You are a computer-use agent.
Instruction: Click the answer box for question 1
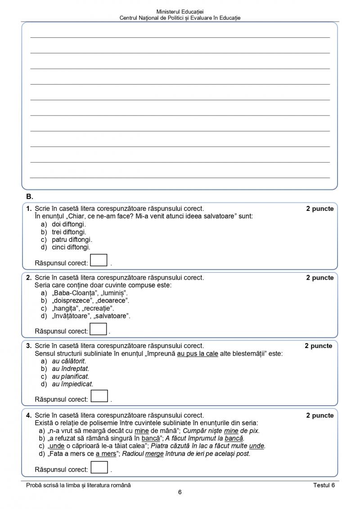99,261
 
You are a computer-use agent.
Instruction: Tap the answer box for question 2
98,330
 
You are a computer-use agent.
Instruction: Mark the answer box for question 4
99,468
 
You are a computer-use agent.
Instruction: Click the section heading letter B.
30,196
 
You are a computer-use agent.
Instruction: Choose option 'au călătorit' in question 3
69,361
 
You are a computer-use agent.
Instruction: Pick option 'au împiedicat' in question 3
72,384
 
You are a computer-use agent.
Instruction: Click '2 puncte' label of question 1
320,209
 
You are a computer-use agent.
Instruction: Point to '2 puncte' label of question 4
320,415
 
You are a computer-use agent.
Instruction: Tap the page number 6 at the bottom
180,492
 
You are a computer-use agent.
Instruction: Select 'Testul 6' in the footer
324,485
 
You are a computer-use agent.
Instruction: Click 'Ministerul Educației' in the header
180,11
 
